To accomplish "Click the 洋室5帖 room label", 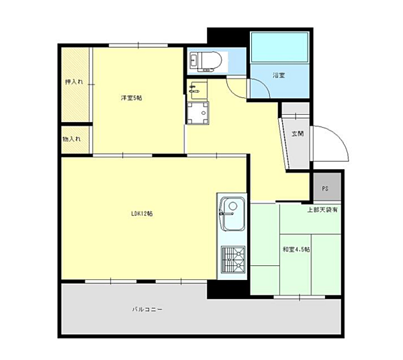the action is point(132,98).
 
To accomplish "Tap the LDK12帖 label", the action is point(142,214).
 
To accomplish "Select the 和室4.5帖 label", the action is point(296,249).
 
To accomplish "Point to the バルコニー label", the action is point(147,310).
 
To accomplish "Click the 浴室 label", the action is point(279,75).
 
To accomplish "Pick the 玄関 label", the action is point(298,134).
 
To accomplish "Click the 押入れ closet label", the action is point(74,82).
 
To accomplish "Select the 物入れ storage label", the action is point(72,139).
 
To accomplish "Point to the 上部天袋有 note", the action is point(322,210).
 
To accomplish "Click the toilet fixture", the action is point(206,62).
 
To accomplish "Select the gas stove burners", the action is point(233,259).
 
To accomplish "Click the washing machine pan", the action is point(197,113).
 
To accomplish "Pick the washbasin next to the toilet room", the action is point(197,90).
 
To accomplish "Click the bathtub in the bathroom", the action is point(279,47).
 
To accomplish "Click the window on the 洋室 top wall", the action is point(138,46).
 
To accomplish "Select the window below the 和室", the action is point(300,298).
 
